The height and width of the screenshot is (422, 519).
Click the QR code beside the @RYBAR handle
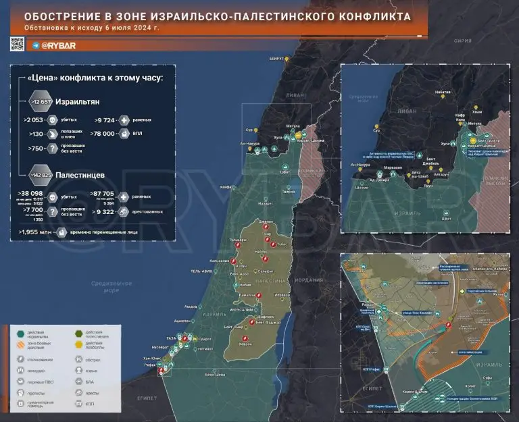click(x=17, y=45)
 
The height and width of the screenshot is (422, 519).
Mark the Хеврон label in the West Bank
click(x=264, y=343)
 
